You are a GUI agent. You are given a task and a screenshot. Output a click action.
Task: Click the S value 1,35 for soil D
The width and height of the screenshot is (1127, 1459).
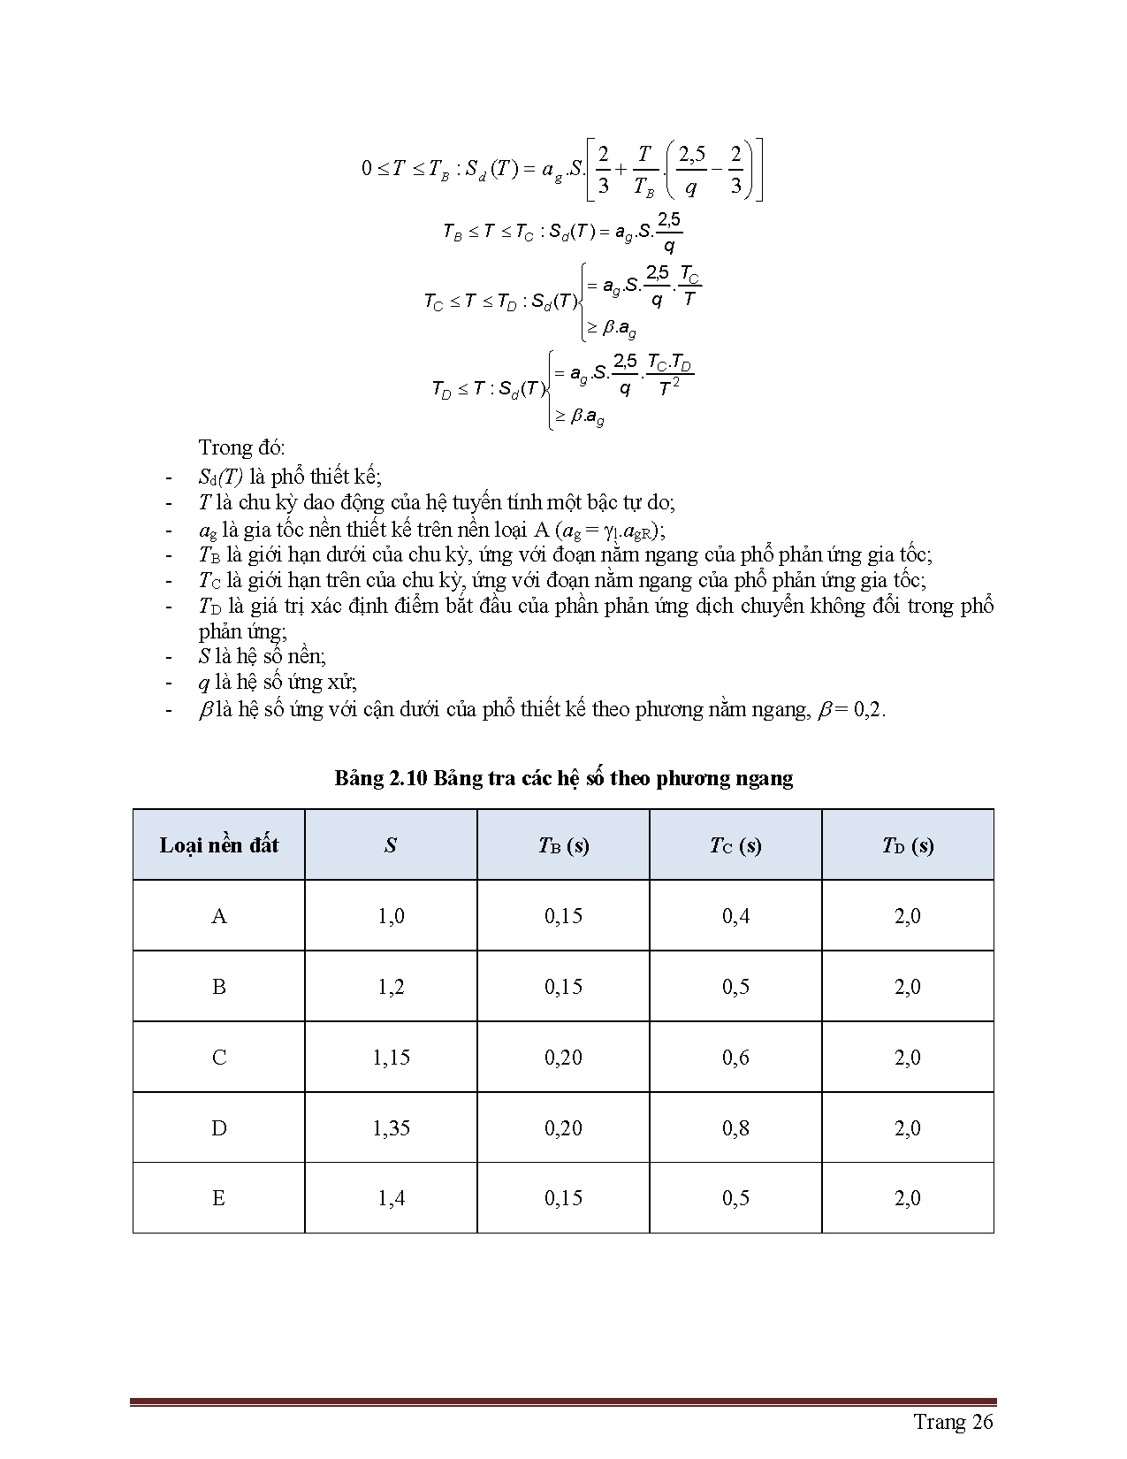(391, 1127)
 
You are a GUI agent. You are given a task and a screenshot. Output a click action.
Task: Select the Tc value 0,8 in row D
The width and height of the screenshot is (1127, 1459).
(735, 1127)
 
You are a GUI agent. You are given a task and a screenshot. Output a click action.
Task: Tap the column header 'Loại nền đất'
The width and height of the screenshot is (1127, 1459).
(218, 844)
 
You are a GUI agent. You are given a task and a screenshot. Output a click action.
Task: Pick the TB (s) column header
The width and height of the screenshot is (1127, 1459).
(563, 845)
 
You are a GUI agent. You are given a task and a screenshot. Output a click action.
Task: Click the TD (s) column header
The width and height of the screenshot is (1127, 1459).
(908, 845)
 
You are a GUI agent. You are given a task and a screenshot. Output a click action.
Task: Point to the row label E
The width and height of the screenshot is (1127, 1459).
(218, 1198)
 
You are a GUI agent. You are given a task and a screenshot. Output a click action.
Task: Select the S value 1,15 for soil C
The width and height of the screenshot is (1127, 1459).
(391, 1057)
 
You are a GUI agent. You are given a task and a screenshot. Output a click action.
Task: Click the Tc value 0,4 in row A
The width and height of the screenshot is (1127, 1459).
(735, 915)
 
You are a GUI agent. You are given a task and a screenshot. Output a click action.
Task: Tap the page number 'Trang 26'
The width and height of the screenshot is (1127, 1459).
(953, 1421)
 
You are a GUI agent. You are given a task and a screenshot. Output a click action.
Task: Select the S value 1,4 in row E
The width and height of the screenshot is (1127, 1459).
(391, 1198)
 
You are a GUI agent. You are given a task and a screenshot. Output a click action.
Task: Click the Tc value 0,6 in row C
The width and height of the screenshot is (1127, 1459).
(735, 1057)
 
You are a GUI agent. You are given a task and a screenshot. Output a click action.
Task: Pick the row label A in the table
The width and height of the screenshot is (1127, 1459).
(218, 915)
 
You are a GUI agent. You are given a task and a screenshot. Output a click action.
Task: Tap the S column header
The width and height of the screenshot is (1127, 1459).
(391, 845)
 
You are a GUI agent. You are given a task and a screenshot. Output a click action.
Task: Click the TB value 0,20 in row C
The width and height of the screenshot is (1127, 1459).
(563, 1057)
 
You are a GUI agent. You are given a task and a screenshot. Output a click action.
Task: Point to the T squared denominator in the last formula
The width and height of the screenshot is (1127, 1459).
(669, 388)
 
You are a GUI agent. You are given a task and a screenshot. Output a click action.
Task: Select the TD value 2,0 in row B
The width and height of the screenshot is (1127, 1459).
(908, 986)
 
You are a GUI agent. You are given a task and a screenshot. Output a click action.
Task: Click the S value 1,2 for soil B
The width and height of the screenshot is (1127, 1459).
(391, 986)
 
